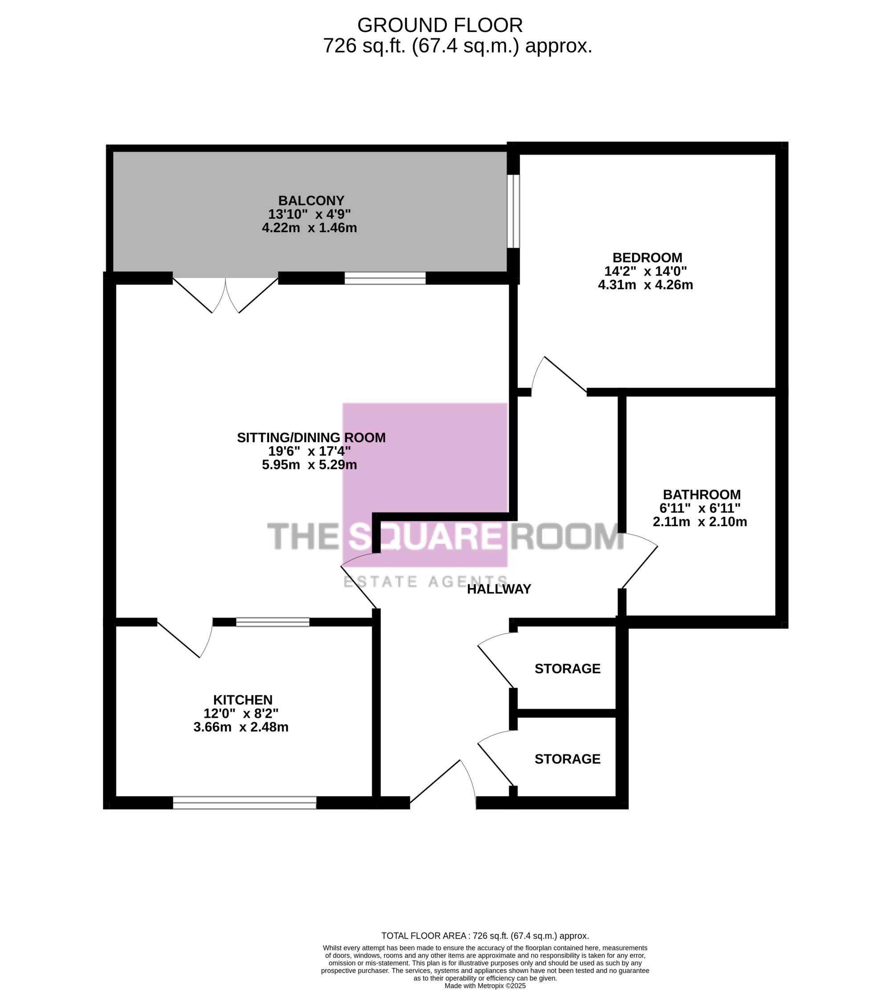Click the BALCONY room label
click(311, 201)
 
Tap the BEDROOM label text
click(647, 258)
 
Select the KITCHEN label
click(243, 700)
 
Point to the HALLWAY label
click(499, 589)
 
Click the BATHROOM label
click(702, 495)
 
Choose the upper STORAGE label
click(568, 669)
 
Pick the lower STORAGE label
click(568, 759)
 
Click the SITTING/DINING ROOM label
click(311, 438)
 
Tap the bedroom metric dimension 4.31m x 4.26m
click(645, 285)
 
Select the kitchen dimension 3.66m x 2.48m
click(241, 727)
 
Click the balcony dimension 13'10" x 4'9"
click(310, 214)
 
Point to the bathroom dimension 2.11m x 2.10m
click(699, 521)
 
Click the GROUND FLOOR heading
click(440, 25)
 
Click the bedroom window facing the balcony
click(513, 211)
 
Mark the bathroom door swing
click(639, 560)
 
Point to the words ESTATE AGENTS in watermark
click(425, 582)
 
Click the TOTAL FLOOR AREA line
click(485, 936)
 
